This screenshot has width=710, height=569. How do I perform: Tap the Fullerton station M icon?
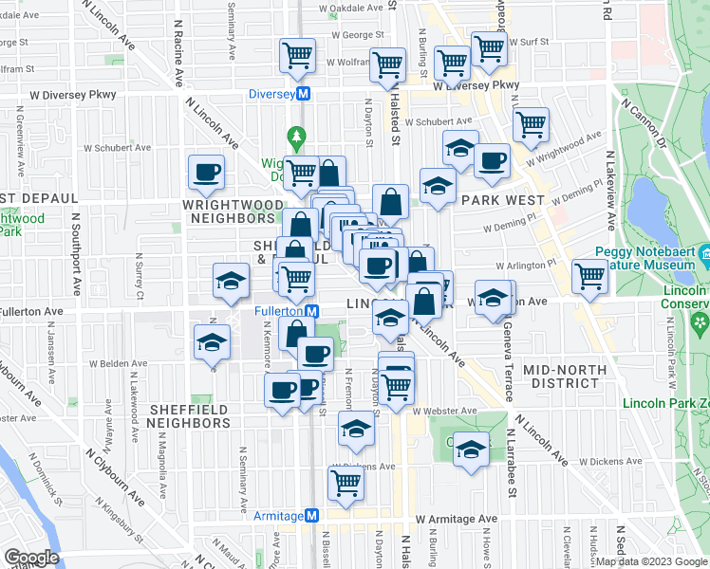310,311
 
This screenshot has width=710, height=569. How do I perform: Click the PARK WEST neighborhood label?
502,200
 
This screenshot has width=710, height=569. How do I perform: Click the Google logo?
31,557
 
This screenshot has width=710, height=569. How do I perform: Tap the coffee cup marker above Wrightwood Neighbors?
206,172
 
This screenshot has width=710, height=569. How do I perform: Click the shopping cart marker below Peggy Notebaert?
590,277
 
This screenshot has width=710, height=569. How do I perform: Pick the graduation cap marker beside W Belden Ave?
212,342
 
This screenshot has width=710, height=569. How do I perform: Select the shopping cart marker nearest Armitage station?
346,482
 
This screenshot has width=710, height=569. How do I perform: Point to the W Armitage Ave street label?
456,519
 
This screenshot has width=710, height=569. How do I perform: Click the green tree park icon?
296,138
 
